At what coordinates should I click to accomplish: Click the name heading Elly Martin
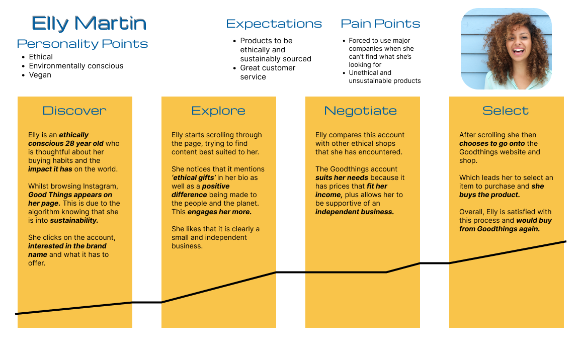(89, 23)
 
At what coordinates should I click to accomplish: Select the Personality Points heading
(82, 44)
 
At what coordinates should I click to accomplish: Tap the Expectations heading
(274, 24)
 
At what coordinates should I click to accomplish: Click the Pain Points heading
(380, 24)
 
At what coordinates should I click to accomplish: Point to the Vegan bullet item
(40, 75)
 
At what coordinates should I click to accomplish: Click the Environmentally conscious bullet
(76, 66)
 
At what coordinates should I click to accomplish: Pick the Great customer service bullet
(268, 72)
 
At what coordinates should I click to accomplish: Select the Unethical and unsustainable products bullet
(385, 76)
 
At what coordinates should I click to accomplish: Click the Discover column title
(74, 111)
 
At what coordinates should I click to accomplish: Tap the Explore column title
(218, 111)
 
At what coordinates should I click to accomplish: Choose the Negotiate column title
(360, 111)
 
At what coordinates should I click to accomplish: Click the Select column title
(506, 111)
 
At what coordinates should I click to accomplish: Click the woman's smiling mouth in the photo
(519, 50)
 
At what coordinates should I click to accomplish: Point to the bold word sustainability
(74, 220)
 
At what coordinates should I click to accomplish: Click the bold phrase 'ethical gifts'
(194, 178)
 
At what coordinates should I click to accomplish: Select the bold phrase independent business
(355, 212)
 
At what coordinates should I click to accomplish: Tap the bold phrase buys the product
(489, 195)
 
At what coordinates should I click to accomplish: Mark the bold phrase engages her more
(219, 212)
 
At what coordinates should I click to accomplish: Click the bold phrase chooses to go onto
(492, 143)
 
